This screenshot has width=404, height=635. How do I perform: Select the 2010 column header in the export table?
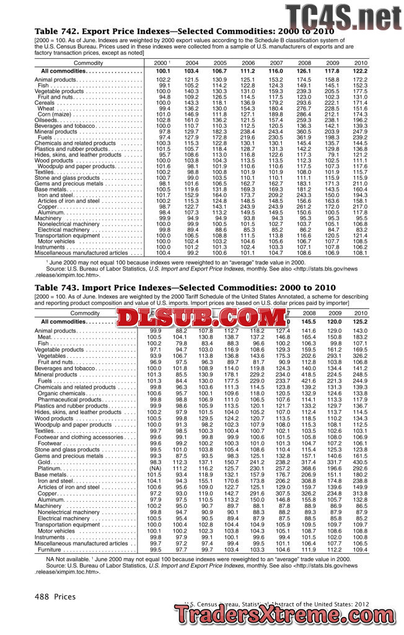[361, 63]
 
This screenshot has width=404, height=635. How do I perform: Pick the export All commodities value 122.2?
[361, 72]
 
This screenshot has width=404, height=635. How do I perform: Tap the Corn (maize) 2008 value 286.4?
[304, 114]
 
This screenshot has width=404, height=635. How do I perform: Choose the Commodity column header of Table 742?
[88, 63]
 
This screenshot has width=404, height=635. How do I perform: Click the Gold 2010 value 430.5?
[361, 463]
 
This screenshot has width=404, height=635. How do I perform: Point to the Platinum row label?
[53, 468]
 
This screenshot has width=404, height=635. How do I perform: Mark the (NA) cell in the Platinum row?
[156, 468]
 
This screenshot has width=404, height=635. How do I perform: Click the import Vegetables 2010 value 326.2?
[361, 356]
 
